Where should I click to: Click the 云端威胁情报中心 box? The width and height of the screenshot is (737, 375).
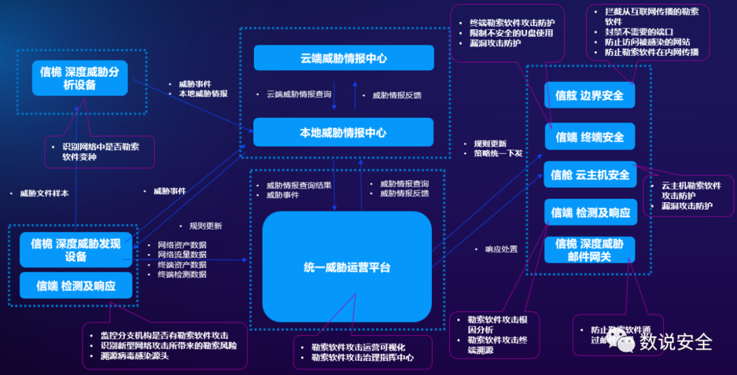click(x=343, y=58)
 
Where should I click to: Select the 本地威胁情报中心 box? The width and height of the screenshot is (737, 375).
click(x=343, y=133)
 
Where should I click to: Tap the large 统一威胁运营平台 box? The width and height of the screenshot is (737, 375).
click(x=347, y=267)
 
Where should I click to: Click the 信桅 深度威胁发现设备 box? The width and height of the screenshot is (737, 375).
click(x=76, y=249)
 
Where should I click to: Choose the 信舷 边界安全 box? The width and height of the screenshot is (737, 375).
click(x=590, y=96)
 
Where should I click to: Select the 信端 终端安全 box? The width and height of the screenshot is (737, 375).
click(x=590, y=137)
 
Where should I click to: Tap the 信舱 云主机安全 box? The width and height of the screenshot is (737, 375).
click(x=590, y=175)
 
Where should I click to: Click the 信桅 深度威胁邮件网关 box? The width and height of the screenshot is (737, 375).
click(x=590, y=250)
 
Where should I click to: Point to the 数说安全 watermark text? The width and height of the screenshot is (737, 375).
click(x=676, y=342)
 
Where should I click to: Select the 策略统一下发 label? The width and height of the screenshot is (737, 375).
click(x=498, y=154)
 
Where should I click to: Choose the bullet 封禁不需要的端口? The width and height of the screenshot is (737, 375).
click(x=639, y=32)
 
